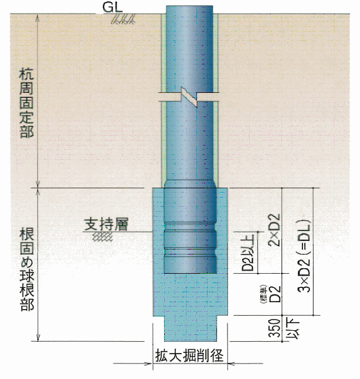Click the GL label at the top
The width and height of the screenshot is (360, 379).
[113, 7]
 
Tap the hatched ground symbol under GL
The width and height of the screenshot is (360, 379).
[123, 19]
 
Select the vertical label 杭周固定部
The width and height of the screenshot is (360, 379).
[27, 103]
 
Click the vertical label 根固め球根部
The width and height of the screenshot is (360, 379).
[27, 269]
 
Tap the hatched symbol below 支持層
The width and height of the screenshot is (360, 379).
[103, 237]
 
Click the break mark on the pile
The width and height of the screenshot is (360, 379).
[190, 97]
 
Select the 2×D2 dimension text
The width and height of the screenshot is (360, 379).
[275, 230]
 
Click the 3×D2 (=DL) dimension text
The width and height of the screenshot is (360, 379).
[304, 256]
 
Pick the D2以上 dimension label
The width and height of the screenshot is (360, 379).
[248, 252]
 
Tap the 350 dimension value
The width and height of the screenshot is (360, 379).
[275, 328]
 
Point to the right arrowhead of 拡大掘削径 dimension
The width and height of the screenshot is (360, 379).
[232, 364]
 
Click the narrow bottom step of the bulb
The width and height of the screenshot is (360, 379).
[191, 328]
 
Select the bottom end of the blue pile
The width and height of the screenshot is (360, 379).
[190, 273]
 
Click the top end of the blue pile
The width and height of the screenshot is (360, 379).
[190, 6]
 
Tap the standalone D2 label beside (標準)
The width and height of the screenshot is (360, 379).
[275, 294]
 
